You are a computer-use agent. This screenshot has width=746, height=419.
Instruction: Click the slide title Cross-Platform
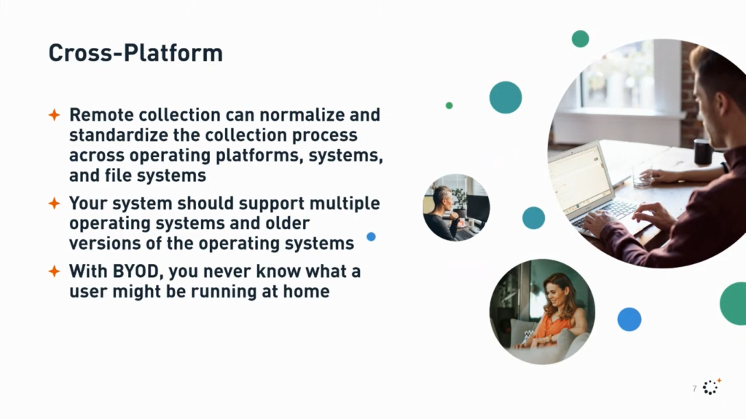tap(136, 52)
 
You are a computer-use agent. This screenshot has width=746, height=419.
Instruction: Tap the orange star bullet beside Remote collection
tap(54, 114)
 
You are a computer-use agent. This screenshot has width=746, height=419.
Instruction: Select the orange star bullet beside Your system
tap(54, 204)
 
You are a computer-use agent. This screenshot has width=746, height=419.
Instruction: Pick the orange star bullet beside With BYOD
tap(54, 271)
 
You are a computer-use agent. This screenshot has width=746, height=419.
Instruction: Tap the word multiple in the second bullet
tap(345, 204)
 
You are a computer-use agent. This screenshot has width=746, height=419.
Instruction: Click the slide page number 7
tap(694, 388)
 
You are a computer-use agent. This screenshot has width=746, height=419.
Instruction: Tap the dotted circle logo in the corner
tap(711, 387)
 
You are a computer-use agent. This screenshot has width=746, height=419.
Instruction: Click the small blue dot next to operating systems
tap(371, 236)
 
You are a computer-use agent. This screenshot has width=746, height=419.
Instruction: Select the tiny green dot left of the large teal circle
tap(449, 105)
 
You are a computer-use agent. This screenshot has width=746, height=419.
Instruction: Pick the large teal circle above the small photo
tap(506, 97)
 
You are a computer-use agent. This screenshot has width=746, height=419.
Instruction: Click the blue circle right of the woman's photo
tap(629, 319)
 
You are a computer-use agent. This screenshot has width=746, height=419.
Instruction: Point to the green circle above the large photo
tap(581, 39)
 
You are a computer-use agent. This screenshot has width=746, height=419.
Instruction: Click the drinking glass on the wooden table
tap(643, 176)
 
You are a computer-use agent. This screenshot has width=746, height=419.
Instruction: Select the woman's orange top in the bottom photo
tap(554, 328)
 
